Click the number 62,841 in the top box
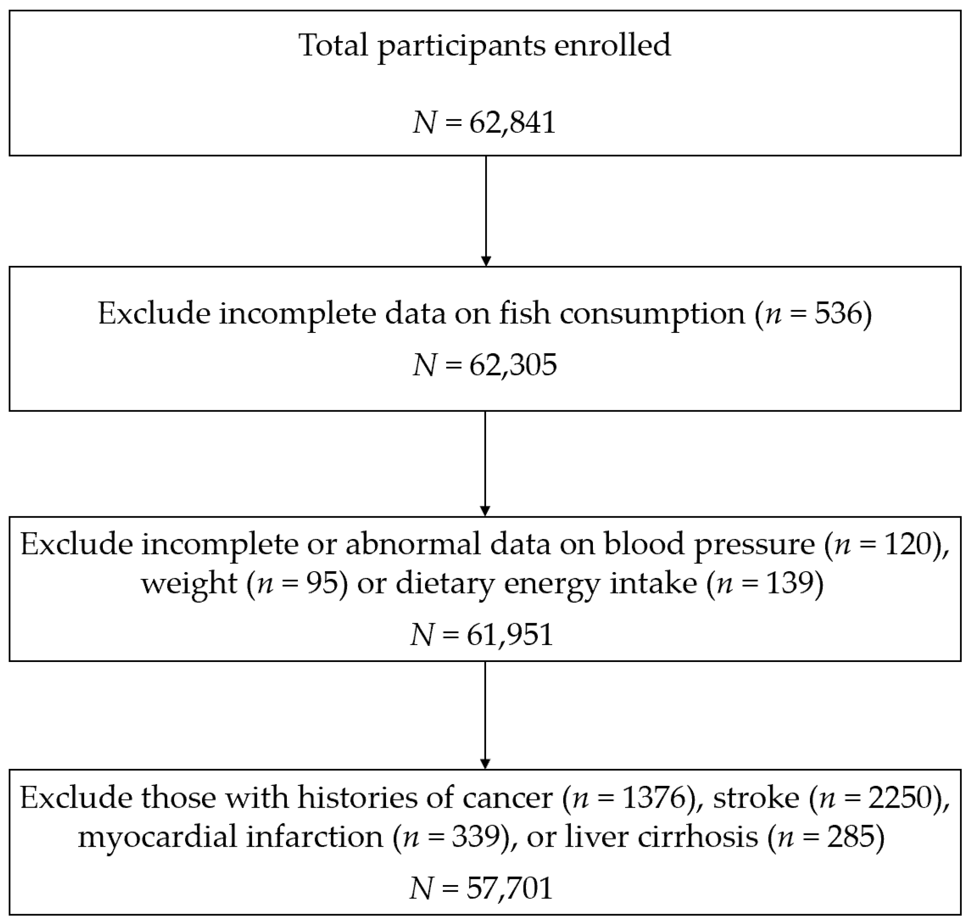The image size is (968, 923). pos(512,123)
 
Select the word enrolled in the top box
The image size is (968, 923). pos(612,45)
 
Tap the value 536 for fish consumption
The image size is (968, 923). pos(837,313)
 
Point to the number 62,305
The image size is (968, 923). pos(513,365)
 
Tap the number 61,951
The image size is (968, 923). pos(510,635)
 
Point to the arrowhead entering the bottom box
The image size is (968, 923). pos(485,764)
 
